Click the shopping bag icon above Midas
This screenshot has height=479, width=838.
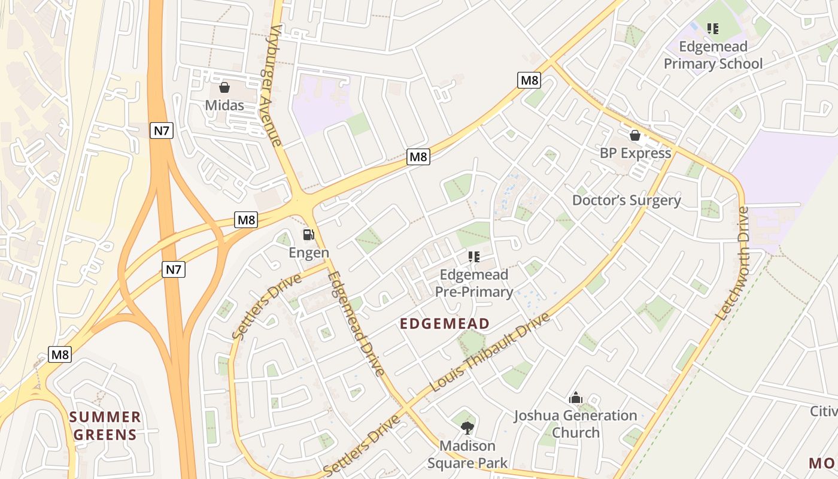(224, 88)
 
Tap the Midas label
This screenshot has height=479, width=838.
(224, 105)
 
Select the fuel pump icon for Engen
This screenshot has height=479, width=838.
(308, 235)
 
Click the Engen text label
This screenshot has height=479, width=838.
(309, 253)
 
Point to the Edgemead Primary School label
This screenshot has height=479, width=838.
(713, 55)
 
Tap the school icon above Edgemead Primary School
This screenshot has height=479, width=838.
(712, 28)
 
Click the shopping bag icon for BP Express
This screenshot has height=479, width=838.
(635, 136)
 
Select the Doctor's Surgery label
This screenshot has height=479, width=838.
(626, 200)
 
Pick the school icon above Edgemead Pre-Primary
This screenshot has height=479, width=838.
(473, 257)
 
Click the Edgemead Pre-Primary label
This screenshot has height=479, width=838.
(473, 283)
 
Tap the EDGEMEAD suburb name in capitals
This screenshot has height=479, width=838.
(445, 324)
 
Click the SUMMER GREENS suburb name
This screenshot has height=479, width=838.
(105, 426)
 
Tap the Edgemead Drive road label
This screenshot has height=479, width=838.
(356, 324)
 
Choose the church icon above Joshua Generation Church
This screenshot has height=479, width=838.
(575, 398)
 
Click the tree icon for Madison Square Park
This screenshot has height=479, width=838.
(467, 428)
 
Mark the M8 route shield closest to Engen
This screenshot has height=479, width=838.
(246, 220)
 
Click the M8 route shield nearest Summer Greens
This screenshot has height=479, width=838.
(60, 354)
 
